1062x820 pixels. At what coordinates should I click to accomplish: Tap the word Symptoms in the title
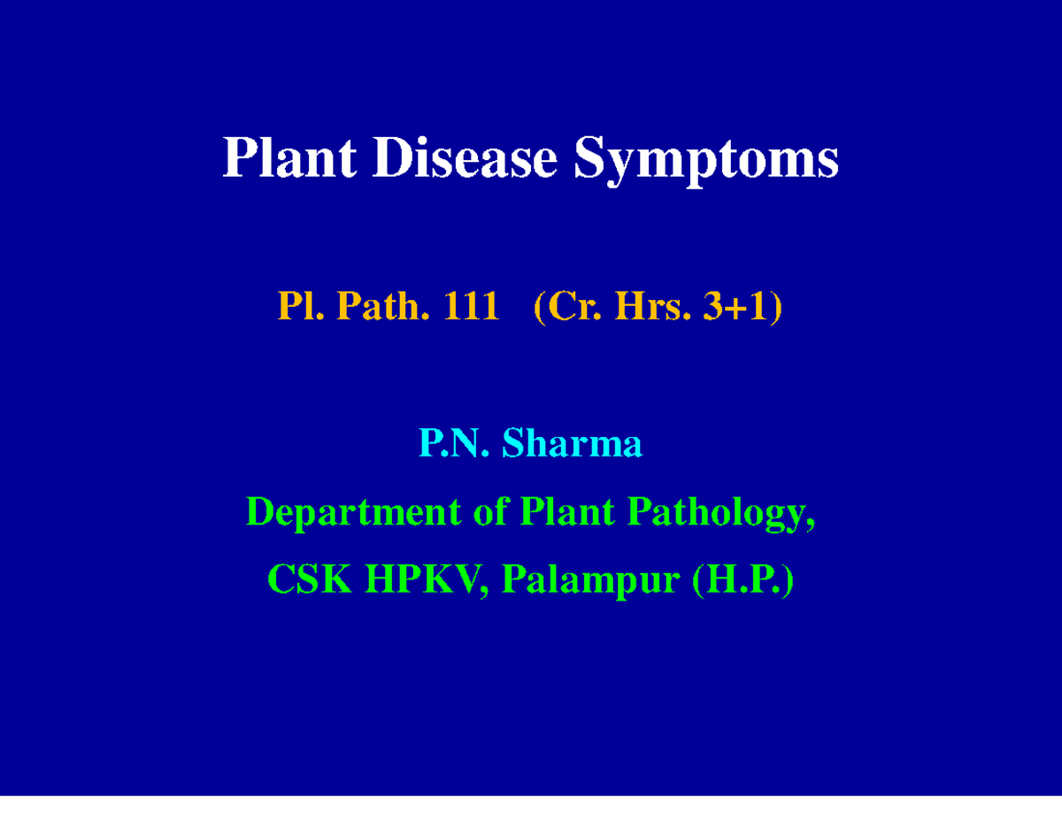pos(706,161)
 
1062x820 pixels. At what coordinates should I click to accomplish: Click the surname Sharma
pos(572,444)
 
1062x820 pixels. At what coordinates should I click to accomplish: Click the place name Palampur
pos(592,582)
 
